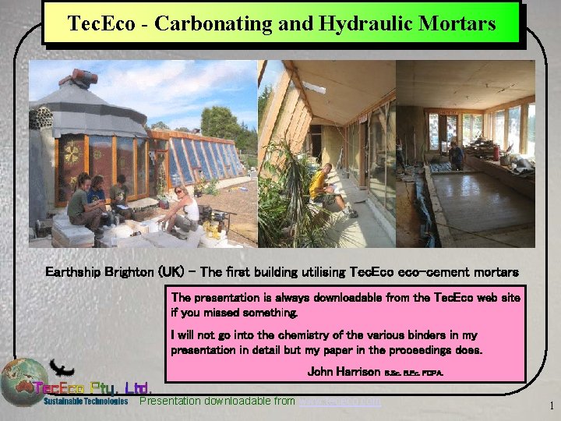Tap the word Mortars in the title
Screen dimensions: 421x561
(x=459, y=23)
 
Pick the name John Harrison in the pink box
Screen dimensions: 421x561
(x=344, y=372)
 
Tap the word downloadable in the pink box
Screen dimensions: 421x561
(x=319, y=297)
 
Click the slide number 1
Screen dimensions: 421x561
(x=552, y=405)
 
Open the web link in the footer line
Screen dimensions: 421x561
(x=340, y=402)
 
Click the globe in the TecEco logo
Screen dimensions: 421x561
(x=23, y=382)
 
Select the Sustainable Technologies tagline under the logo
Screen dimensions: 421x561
(x=86, y=402)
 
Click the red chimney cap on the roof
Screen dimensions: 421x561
(x=81, y=78)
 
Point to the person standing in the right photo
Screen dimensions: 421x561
(x=456, y=156)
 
